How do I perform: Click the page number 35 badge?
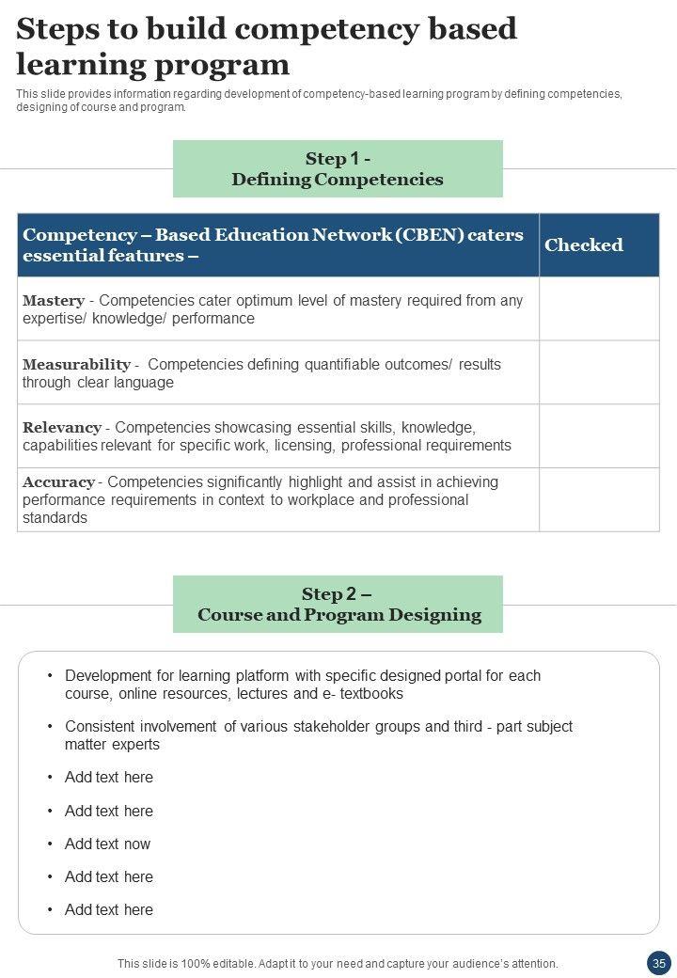[x=658, y=963]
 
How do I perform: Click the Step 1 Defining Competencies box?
[x=338, y=169]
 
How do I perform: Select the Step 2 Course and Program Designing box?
[x=338, y=605]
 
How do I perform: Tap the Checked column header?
[x=584, y=245]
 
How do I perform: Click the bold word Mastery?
[x=54, y=301]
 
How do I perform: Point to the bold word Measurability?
[x=76, y=364]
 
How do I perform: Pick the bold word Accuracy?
[x=58, y=482]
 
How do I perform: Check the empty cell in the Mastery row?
[x=599, y=308]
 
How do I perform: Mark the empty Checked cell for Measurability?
[x=599, y=372]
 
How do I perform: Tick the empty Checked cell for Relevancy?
[x=599, y=436]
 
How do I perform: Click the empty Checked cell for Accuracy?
[x=599, y=499]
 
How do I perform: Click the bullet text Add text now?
[x=107, y=844]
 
